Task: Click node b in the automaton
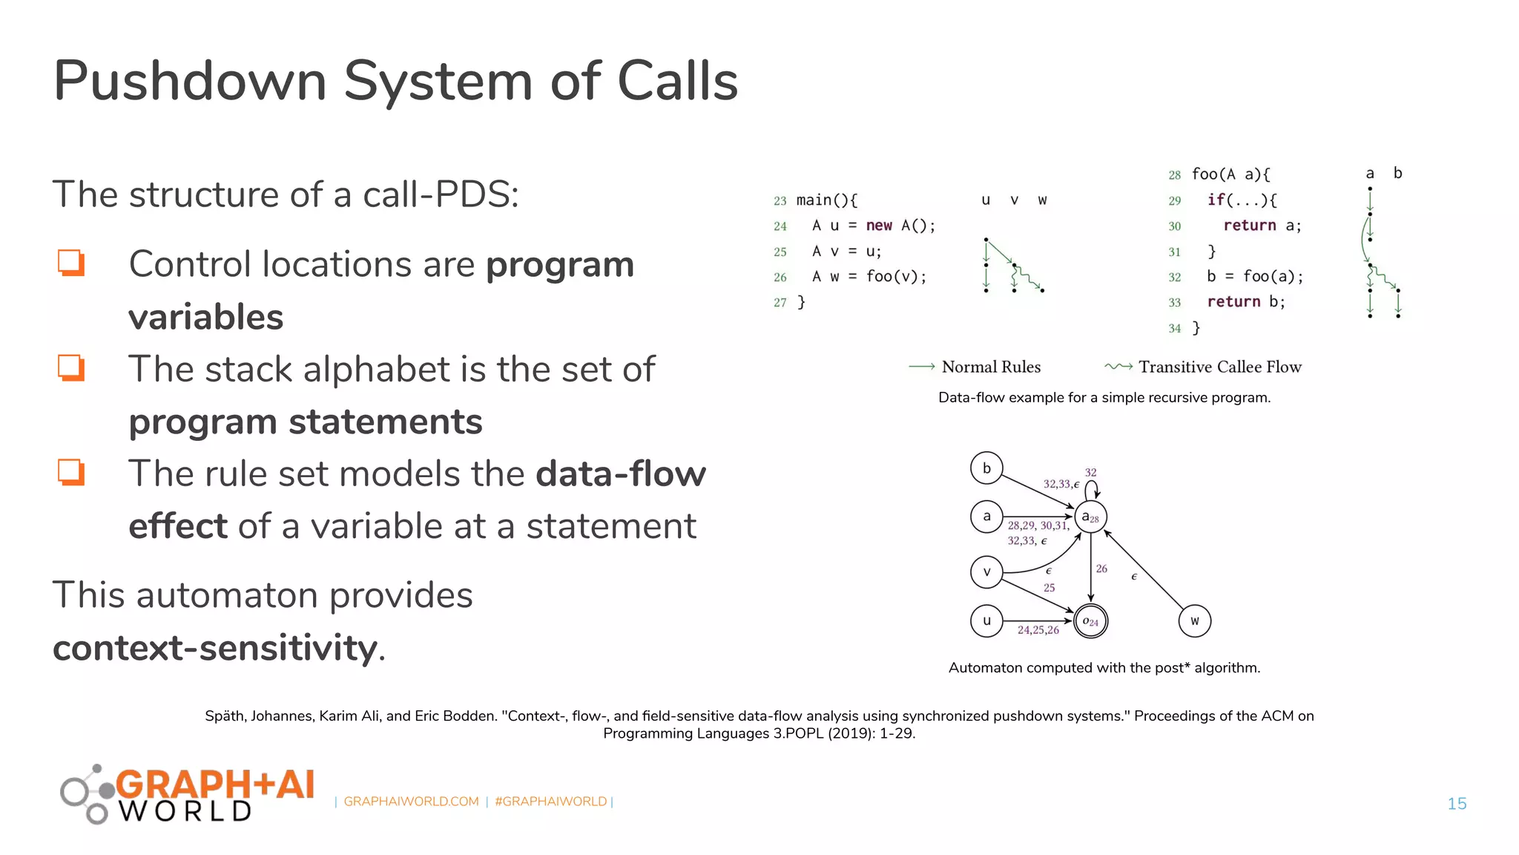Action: click(x=986, y=468)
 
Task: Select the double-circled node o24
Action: click(x=1090, y=621)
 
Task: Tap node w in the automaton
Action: click(x=1194, y=621)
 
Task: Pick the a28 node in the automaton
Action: click(x=1090, y=517)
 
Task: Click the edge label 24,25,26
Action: click(x=1038, y=630)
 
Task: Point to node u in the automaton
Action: click(x=986, y=621)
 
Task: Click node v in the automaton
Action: click(x=986, y=572)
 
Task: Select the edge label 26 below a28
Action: click(x=1101, y=569)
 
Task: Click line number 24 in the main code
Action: click(x=780, y=226)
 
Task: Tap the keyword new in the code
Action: click(x=879, y=226)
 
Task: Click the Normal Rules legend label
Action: click(x=991, y=367)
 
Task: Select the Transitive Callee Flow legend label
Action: click(x=1220, y=367)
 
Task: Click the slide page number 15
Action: click(x=1457, y=804)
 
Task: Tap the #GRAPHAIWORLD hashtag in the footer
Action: click(x=550, y=802)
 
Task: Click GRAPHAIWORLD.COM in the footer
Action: click(x=411, y=802)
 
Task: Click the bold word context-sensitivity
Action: click(x=215, y=647)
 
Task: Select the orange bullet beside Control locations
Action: click(x=71, y=263)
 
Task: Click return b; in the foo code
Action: click(x=1245, y=302)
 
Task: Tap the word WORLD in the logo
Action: click(x=185, y=811)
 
